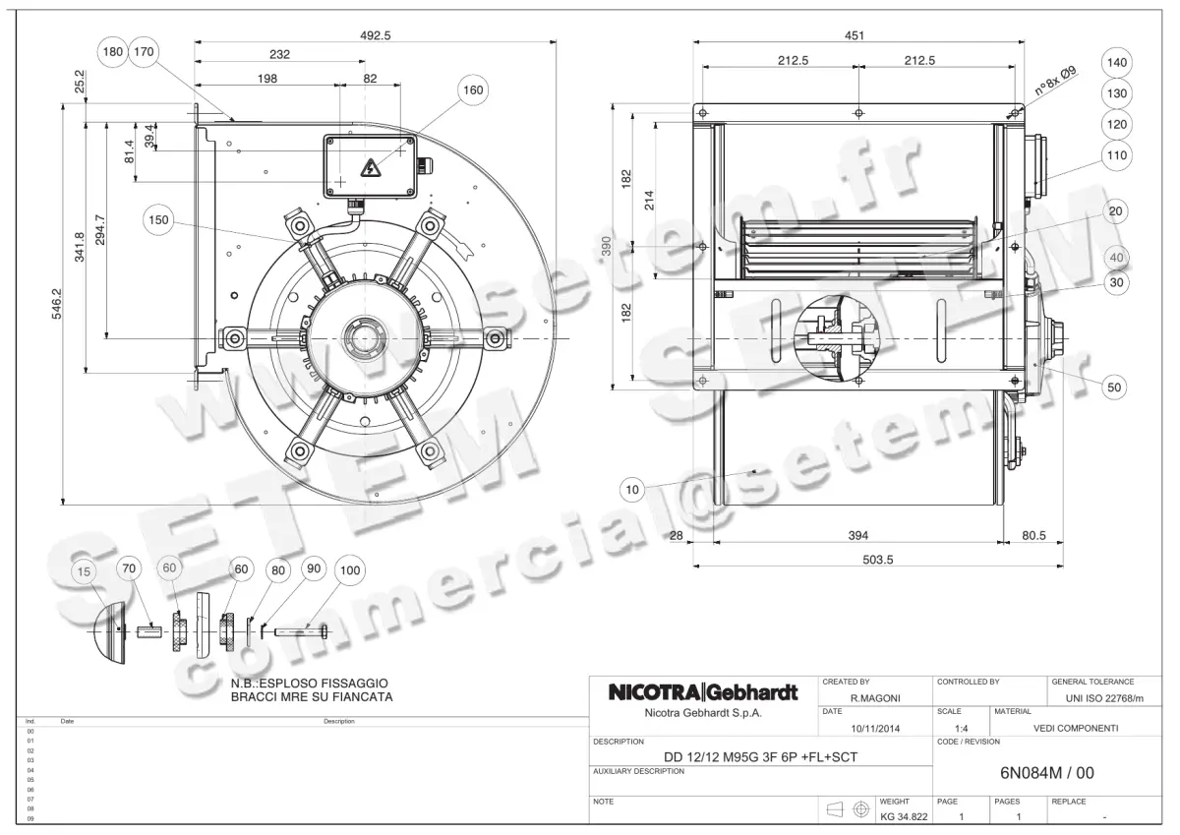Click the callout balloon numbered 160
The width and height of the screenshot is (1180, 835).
point(473,90)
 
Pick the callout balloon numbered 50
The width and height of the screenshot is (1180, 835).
point(1113,388)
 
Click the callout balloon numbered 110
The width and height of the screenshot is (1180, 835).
point(1116,155)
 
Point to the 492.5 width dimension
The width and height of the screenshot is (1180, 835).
point(375,33)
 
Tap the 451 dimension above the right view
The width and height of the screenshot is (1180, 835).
point(855,35)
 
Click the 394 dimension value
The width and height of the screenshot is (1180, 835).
point(857,536)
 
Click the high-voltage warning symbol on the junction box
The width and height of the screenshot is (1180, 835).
point(372,167)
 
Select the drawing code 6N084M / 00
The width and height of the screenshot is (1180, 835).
point(1045,773)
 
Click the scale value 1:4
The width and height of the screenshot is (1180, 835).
point(963,728)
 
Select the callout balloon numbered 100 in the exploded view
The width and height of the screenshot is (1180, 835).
point(348,569)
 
